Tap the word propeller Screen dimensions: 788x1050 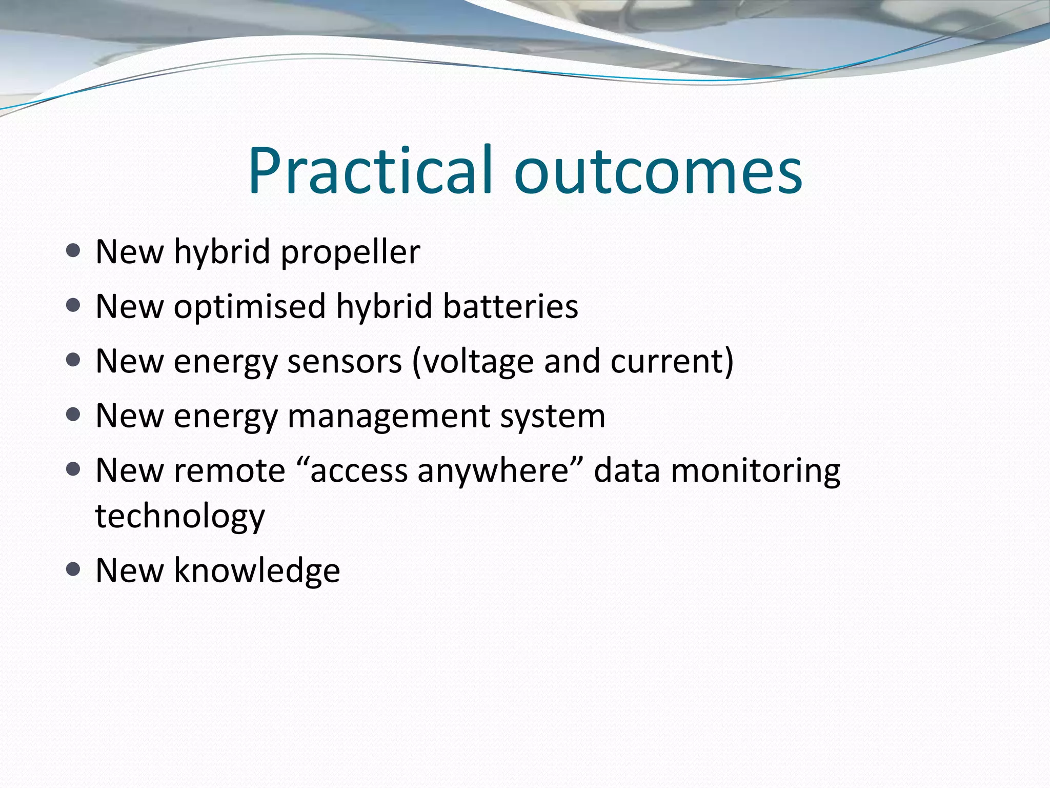click(x=351, y=252)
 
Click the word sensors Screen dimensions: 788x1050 click(x=345, y=361)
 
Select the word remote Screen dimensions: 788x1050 click(x=229, y=470)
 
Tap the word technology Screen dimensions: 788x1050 click(x=180, y=516)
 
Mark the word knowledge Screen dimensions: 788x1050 click(x=257, y=570)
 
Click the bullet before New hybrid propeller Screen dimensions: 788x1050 click(x=73, y=251)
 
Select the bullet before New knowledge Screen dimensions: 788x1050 click(x=73, y=569)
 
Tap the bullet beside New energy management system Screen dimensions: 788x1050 click(x=73, y=415)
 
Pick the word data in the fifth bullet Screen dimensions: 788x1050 click(x=627, y=470)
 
